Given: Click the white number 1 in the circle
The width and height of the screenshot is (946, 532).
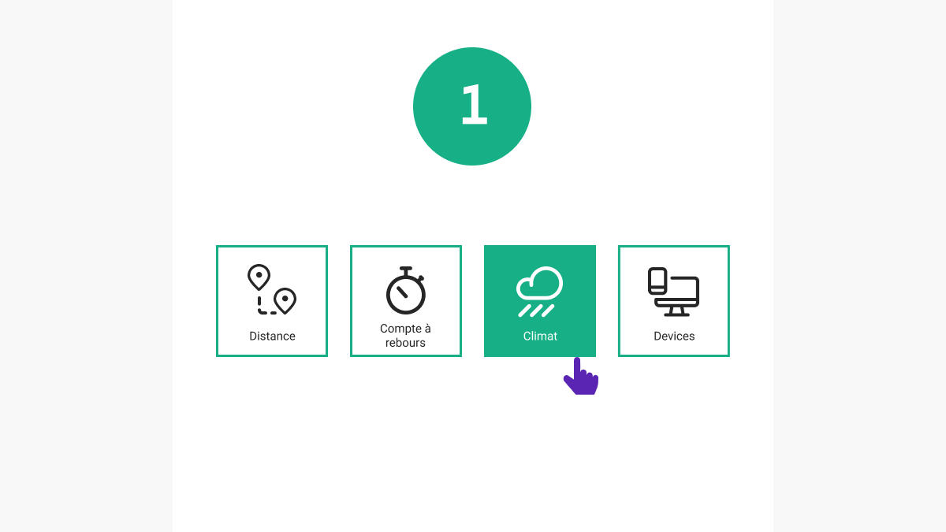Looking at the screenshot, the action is click(475, 104).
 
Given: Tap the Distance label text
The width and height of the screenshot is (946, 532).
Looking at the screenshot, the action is click(272, 336).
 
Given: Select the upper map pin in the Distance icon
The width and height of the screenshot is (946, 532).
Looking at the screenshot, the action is click(259, 277).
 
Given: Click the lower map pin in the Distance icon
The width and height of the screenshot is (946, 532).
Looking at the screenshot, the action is click(285, 300).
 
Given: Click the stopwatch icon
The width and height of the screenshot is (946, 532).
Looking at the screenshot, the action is click(405, 290).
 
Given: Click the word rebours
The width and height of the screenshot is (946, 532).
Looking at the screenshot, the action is click(405, 343).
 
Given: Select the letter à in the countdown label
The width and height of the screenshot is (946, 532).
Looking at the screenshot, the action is click(426, 328).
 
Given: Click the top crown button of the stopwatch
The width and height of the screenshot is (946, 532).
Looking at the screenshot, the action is click(406, 270).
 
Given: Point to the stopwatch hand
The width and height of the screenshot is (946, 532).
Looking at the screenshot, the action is click(402, 292).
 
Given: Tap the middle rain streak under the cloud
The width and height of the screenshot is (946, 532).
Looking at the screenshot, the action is click(536, 311).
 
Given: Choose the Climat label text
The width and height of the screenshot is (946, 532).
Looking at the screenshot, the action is click(540, 336).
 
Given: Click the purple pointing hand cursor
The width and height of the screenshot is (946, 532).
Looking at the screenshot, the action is click(581, 377).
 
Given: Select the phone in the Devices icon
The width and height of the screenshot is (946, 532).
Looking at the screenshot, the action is click(657, 281).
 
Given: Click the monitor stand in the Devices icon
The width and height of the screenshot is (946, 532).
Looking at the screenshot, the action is click(676, 311).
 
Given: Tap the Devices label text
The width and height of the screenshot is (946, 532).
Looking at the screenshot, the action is click(674, 336).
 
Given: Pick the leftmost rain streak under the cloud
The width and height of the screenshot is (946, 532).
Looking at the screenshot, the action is click(524, 311).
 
